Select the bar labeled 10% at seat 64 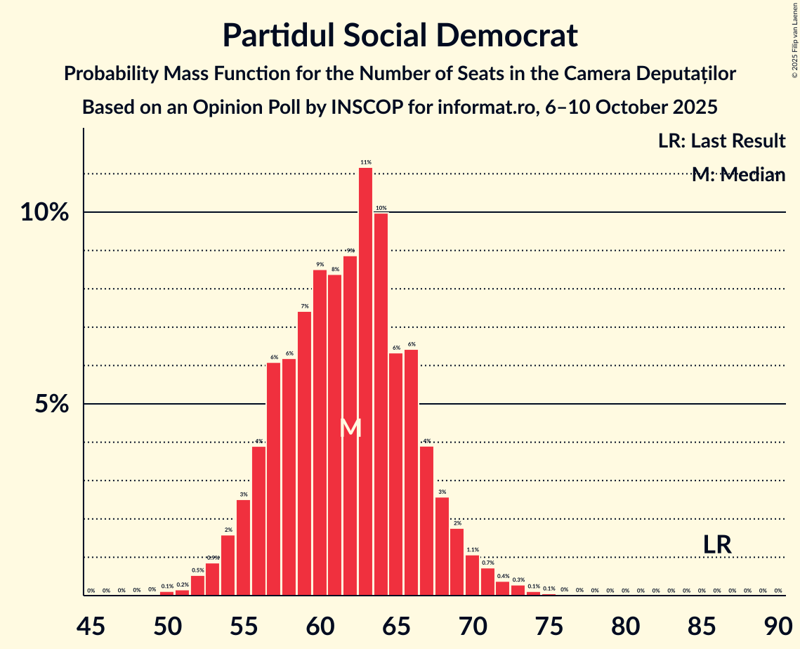point(381,404)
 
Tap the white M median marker point(350,428)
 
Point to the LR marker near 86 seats point(717,544)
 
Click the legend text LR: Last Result point(721,141)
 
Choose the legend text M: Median point(738,175)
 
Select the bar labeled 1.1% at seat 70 point(472,575)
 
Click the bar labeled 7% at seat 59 point(304,453)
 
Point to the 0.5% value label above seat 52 point(197,570)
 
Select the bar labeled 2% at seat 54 point(228,565)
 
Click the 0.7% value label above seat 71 point(487,563)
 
